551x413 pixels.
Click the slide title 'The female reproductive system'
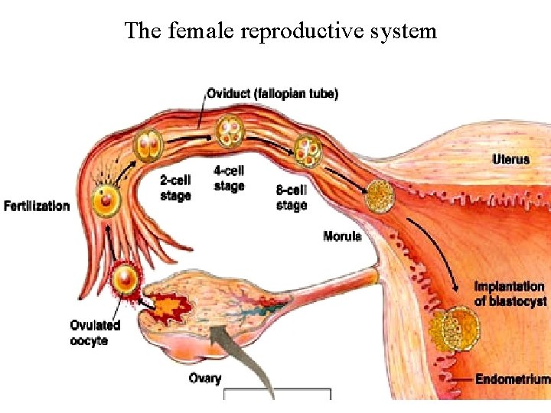pos(280,31)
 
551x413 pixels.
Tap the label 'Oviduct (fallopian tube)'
pos(272,94)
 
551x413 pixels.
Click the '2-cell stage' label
pos(175,187)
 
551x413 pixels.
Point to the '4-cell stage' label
pos(229,178)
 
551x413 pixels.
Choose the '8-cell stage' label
pos(292,197)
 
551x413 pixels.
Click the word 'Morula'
pos(341,236)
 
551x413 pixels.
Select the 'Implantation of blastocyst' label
pos(510,294)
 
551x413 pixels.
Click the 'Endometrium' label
pos(512,379)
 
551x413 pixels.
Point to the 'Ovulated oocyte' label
pos(95,333)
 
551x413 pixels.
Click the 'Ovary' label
pos(204,378)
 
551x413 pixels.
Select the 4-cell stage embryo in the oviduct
pos(229,132)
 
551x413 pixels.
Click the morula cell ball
pos(380,197)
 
